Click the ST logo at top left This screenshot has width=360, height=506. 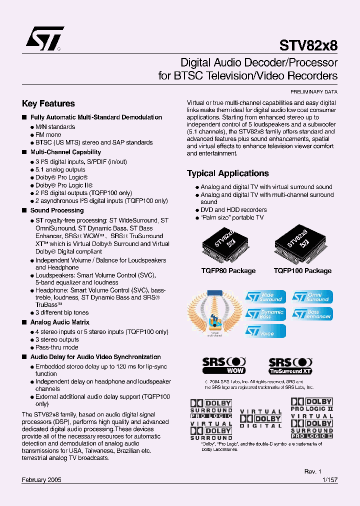[x=44, y=39]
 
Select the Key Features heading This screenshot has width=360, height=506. [x=48, y=103]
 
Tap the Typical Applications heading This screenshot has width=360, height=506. [x=228, y=173]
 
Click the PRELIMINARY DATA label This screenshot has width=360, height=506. [x=314, y=92]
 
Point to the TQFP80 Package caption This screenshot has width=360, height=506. [x=229, y=270]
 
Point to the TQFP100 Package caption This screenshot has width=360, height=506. [x=302, y=270]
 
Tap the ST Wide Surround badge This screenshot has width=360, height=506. [x=265, y=297]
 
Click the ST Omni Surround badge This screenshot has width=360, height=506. [x=312, y=297]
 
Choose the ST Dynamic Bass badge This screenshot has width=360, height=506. [x=265, y=314]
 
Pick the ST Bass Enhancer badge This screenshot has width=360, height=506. [x=312, y=314]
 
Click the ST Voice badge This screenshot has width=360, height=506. [x=265, y=331]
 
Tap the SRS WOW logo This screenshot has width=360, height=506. [x=224, y=365]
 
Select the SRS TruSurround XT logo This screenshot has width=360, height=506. [x=290, y=365]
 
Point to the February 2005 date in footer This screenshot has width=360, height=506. [x=41, y=479]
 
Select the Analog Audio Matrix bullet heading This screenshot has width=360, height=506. [x=60, y=322]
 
